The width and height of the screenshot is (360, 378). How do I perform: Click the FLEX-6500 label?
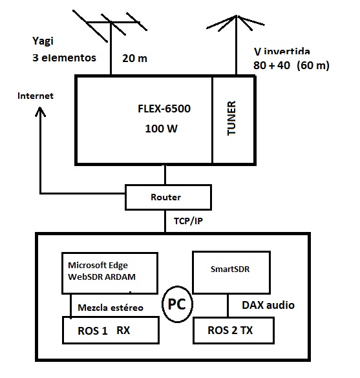point(164,109)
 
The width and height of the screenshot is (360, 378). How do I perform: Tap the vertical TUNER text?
point(231,118)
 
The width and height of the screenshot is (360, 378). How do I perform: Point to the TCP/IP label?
point(188,221)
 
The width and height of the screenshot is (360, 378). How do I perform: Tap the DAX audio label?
point(268,305)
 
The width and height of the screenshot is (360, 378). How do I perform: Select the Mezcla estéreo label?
point(111,308)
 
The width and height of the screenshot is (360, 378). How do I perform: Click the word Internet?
point(36,96)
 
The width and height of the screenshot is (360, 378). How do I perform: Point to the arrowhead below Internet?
point(40,112)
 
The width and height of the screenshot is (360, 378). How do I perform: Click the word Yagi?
point(43,41)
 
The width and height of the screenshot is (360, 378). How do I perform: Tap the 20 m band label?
point(134,58)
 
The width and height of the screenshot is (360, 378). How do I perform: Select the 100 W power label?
point(162,129)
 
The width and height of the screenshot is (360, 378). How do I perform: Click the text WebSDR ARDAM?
point(101,277)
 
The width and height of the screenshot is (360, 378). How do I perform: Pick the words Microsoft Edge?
point(98,265)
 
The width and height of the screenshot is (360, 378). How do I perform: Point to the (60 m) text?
point(313,65)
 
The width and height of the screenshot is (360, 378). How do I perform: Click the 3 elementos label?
point(64,58)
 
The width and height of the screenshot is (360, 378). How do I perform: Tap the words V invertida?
point(282,51)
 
